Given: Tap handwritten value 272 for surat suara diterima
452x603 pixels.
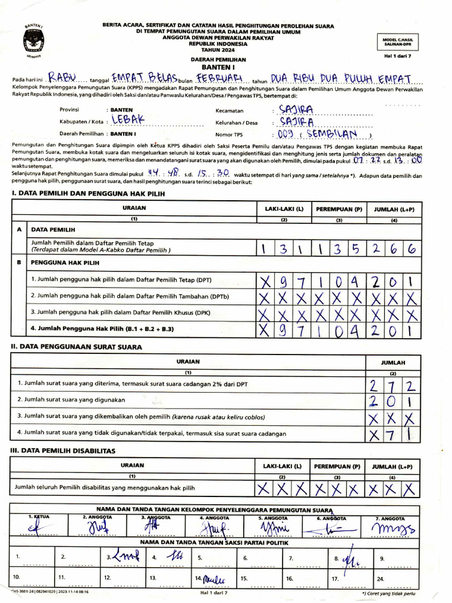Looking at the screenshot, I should click(393, 386).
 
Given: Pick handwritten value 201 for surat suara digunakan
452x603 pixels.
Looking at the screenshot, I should click(393, 402).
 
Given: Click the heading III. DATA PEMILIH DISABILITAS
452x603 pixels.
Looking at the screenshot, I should click(64, 450).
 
